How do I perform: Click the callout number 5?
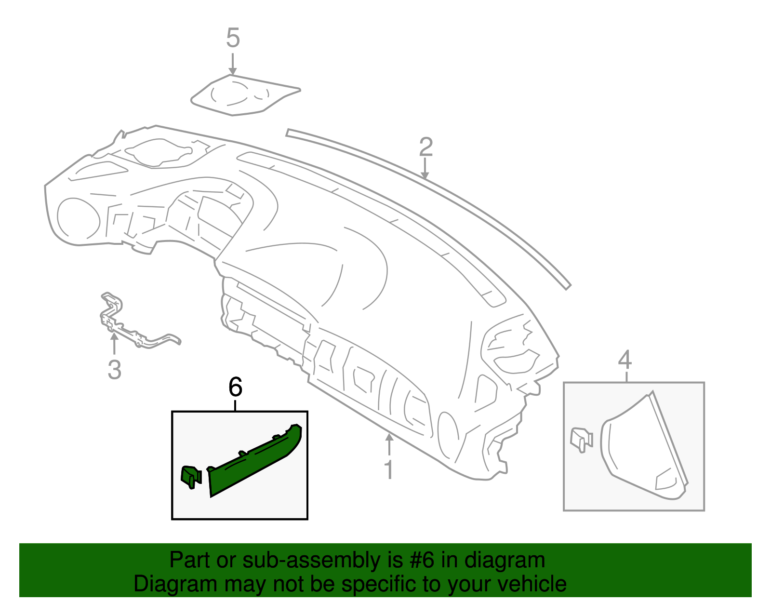tap(233, 38)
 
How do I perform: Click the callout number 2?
tap(426, 147)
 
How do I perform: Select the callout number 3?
tap(114, 370)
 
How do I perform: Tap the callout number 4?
tap(625, 360)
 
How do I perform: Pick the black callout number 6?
tap(235, 387)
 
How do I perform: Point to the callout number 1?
tap(389, 469)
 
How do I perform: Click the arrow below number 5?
tap(232, 64)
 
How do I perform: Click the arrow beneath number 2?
tap(425, 168)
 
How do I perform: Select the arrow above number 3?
tap(114, 343)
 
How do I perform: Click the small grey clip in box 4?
tap(581, 440)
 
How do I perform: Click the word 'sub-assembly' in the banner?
tap(322, 560)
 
